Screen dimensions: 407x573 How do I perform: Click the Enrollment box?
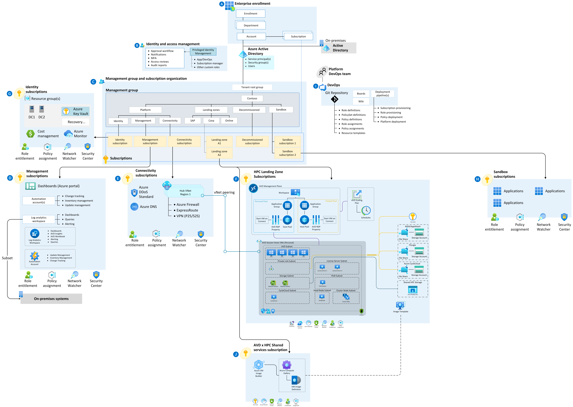pos(251,14)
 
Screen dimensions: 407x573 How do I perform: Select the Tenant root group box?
pos(252,87)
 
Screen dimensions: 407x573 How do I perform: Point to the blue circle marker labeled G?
pos(9,94)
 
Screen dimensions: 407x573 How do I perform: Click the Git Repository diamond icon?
pos(335,99)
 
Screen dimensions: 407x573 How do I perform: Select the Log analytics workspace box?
pos(39,219)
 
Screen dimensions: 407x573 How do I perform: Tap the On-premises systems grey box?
pos(51,299)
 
